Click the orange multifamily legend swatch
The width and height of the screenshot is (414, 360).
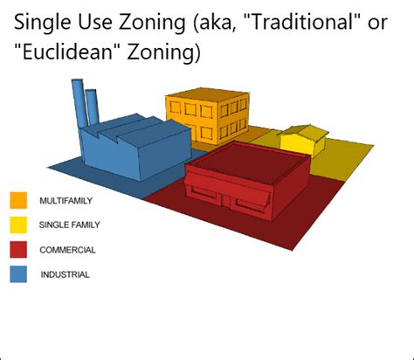click(18, 200)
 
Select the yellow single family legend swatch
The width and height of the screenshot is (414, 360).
click(18, 225)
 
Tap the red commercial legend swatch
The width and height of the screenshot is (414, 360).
click(18, 249)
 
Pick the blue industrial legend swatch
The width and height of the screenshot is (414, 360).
click(18, 273)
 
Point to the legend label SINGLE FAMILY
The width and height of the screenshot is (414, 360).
click(70, 225)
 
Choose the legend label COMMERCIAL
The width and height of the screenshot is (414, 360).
click(67, 250)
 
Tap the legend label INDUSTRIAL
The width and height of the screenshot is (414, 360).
click(66, 274)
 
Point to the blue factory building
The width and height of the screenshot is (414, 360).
click(131, 149)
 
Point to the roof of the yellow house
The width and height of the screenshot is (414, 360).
click(300, 133)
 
